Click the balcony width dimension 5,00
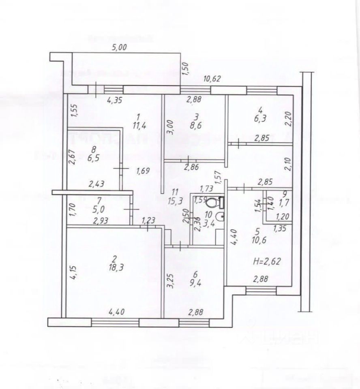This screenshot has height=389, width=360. [x=119, y=47]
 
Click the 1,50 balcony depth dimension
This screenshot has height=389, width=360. [x=186, y=69]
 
